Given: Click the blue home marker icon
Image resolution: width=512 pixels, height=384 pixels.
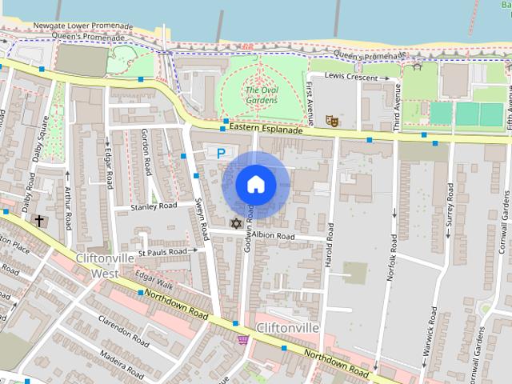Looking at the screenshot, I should (255, 184).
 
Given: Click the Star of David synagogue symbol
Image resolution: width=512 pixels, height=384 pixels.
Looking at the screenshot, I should (235, 222).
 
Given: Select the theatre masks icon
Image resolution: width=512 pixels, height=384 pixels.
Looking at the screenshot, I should (331, 121).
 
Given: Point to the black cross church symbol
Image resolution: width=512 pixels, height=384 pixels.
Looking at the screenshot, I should (38, 219).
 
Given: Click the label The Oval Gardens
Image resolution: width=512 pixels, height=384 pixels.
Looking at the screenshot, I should (262, 94).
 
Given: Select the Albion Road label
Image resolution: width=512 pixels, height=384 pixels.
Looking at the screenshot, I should (274, 237).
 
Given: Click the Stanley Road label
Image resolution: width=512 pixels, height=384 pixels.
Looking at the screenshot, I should (154, 206).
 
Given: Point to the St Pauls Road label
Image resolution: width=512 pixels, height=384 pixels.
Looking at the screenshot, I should (162, 251).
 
